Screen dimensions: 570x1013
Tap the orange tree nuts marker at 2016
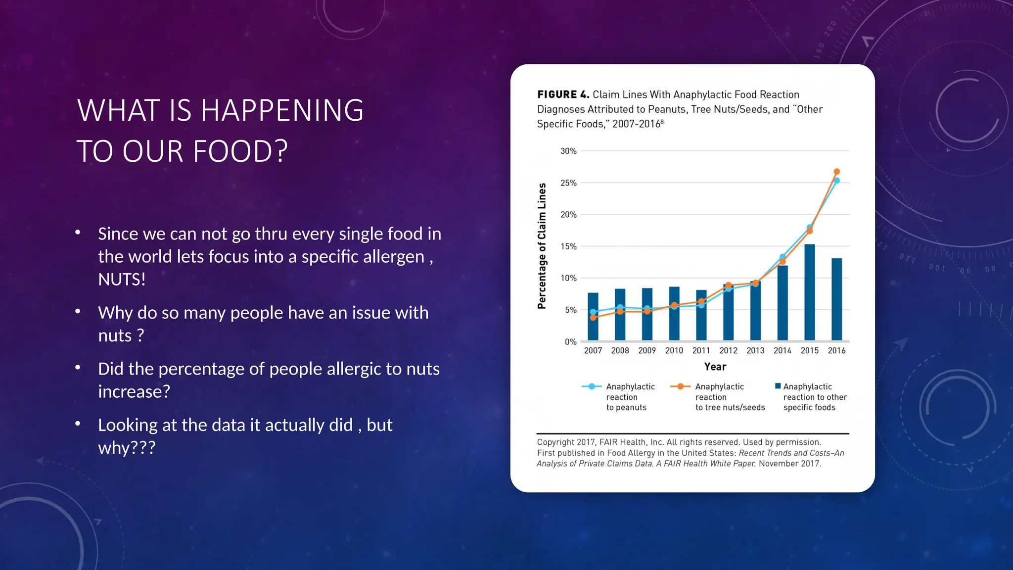click(x=837, y=172)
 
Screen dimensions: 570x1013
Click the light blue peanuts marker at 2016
click(x=837, y=181)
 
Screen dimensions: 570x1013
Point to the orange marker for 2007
click(x=593, y=318)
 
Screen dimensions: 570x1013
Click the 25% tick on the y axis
click(x=568, y=183)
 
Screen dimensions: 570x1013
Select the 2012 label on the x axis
click(x=728, y=350)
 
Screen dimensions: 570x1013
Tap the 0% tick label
click(x=570, y=342)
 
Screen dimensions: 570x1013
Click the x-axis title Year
click(x=715, y=367)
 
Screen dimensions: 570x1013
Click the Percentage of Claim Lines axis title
click(x=542, y=246)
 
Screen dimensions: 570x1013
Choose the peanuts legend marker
click(x=592, y=386)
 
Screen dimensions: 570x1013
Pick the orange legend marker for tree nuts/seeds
click(x=681, y=386)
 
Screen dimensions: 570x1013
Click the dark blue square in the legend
click(x=778, y=386)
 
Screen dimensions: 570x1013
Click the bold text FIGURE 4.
click(x=563, y=95)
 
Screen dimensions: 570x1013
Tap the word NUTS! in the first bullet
click(x=122, y=280)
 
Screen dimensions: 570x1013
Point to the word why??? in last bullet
click(x=127, y=448)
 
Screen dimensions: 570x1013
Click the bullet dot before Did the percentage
click(x=78, y=368)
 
